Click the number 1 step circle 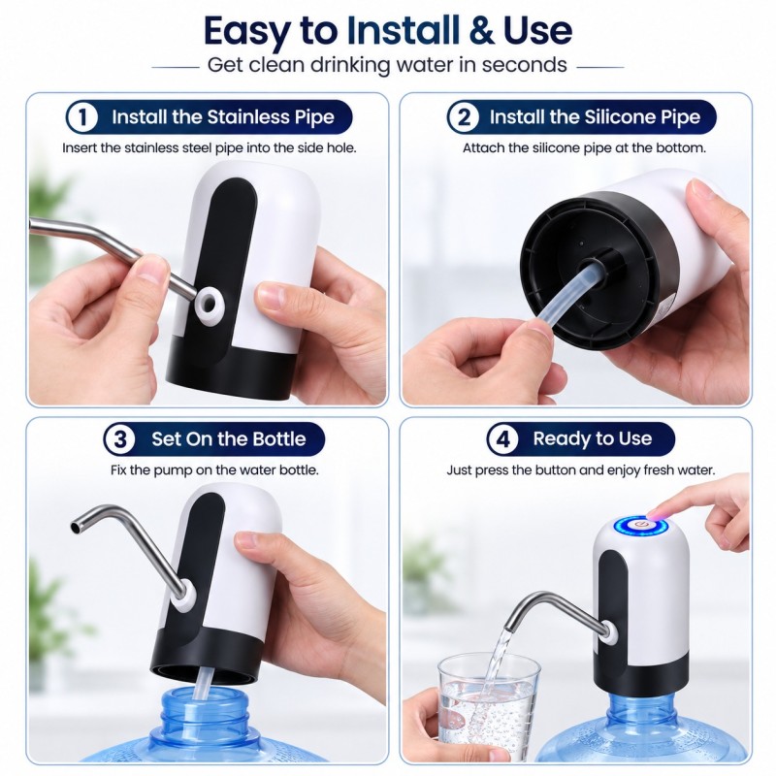pyautogui.click(x=82, y=117)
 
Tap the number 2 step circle pyautogui.click(x=464, y=117)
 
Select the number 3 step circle pyautogui.click(x=119, y=439)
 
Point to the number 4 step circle pyautogui.click(x=502, y=438)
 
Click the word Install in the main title pyautogui.click(x=403, y=30)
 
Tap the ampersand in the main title pyautogui.click(x=480, y=31)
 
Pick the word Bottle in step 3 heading pyautogui.click(x=279, y=439)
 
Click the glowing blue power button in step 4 pyautogui.click(x=640, y=526)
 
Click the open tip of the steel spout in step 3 pyautogui.click(x=76, y=527)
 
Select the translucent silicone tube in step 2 pyautogui.click(x=568, y=299)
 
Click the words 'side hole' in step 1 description pyautogui.click(x=327, y=148)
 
